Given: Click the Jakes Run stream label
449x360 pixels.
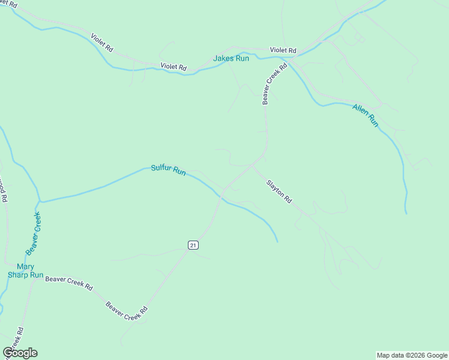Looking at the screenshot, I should click(231, 59).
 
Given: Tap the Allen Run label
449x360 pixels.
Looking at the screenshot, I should click(366, 115).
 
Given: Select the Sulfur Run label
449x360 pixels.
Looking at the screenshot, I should click(168, 170).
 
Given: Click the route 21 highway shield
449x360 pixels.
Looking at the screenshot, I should click(193, 245).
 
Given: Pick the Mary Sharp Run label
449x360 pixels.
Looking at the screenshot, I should click(25, 271).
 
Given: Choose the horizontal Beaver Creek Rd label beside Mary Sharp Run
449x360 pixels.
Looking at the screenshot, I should click(69, 281).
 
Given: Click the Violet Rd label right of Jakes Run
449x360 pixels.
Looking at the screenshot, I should click(283, 50).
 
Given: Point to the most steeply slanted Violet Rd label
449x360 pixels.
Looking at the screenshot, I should click(102, 42).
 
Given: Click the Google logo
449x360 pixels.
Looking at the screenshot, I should click(20, 353).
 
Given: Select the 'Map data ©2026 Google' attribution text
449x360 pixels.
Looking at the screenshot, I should click(412, 355).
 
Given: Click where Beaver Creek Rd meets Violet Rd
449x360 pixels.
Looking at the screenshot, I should click(288, 59).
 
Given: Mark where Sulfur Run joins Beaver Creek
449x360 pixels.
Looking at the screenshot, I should click(40, 202).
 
